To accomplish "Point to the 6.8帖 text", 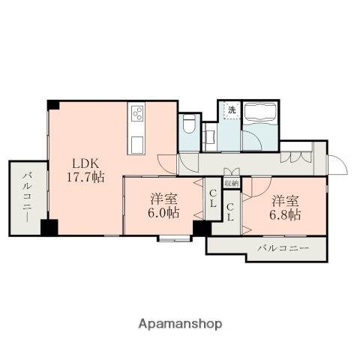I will click(x=286, y=214).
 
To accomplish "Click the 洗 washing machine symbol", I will click(x=231, y=110).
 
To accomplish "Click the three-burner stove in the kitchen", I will click(x=138, y=114).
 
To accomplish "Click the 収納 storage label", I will click(x=231, y=182).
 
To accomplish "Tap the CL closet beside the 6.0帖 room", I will click(x=213, y=201).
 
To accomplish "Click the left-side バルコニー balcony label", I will click(x=26, y=196).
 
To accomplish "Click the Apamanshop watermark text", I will click(x=180, y=324).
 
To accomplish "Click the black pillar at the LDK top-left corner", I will click(x=52, y=104).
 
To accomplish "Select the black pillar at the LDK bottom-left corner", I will click(x=50, y=228).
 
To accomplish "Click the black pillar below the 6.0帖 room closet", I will click(x=201, y=228).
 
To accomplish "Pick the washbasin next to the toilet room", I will click(x=209, y=136).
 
